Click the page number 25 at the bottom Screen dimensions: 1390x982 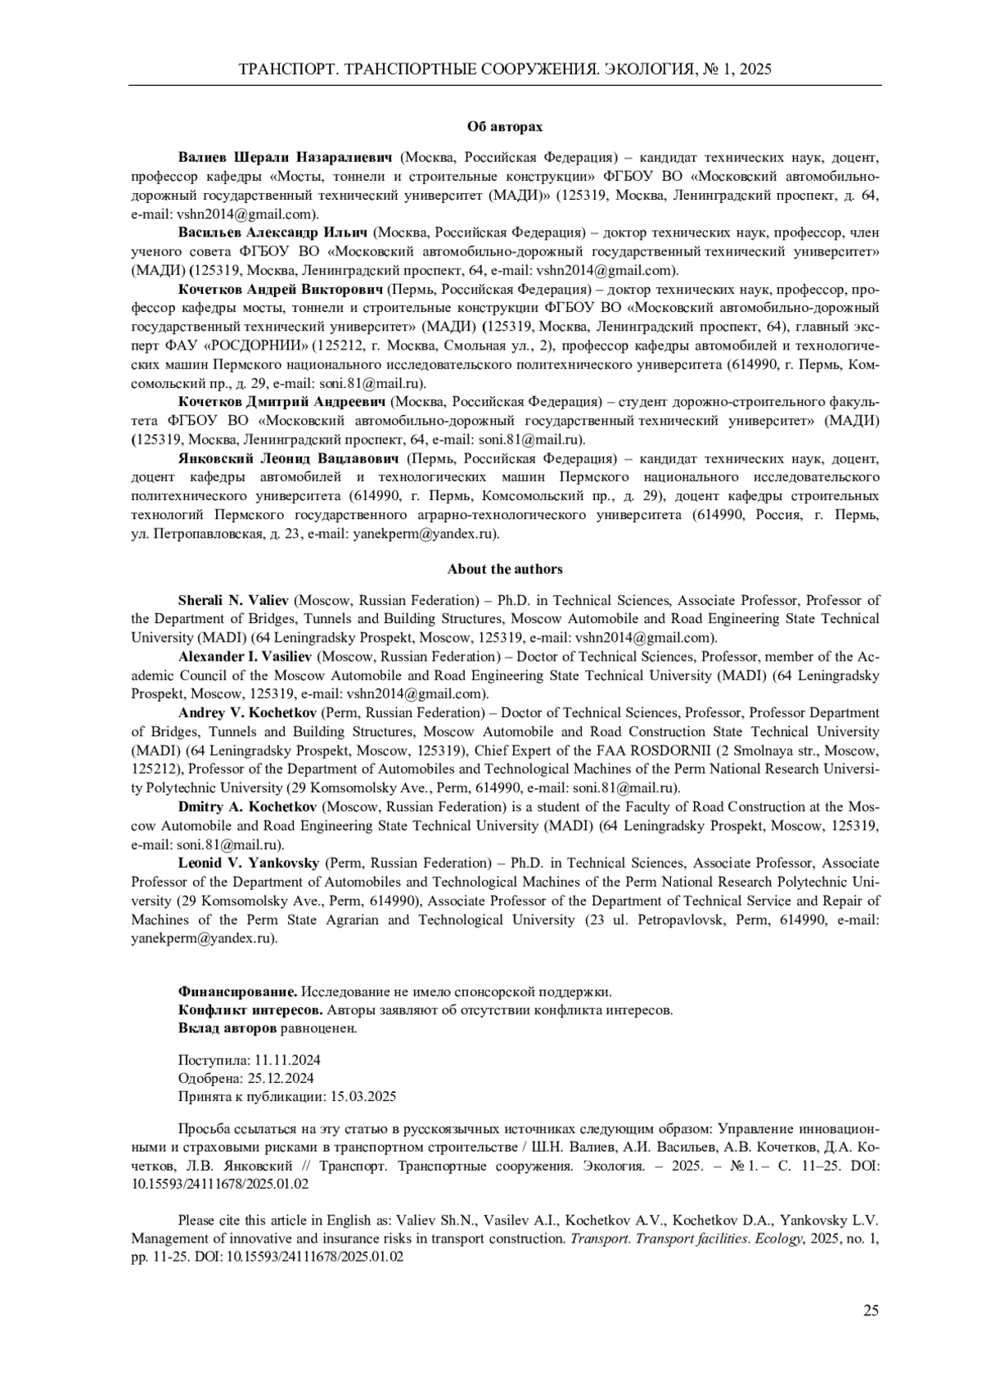coord(871,1311)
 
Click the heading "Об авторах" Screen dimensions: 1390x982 coord(504,127)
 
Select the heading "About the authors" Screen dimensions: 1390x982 coord(504,569)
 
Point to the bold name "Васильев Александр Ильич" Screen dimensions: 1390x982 coord(273,232)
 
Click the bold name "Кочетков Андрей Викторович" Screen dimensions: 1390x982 coord(281,290)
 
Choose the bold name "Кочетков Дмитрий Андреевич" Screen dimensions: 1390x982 coord(282,402)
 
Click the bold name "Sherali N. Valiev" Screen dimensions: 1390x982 coord(234,600)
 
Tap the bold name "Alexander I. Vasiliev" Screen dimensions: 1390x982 coord(245,657)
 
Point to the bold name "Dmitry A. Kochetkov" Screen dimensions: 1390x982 coord(247,807)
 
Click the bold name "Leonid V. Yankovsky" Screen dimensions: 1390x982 coord(250,863)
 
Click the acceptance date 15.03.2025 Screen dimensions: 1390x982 coord(363,1097)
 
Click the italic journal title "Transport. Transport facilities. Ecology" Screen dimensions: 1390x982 coord(684,1239)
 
